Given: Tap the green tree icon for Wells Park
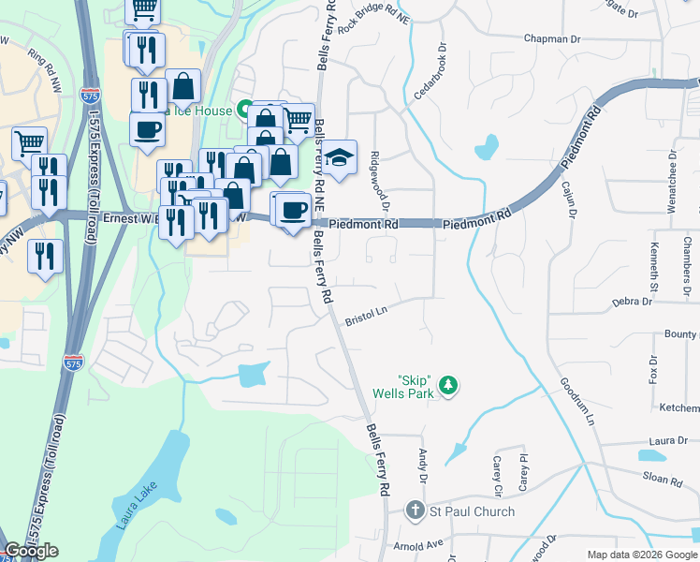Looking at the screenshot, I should click(449, 385).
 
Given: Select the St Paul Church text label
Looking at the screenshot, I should click(472, 511).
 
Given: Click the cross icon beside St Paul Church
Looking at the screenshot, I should click(416, 511).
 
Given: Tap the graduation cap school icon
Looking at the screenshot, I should click(341, 156).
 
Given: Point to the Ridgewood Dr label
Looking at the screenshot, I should click(379, 181).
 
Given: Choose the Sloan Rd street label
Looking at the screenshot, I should click(663, 479).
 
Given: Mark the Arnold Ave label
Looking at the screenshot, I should click(418, 544).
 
